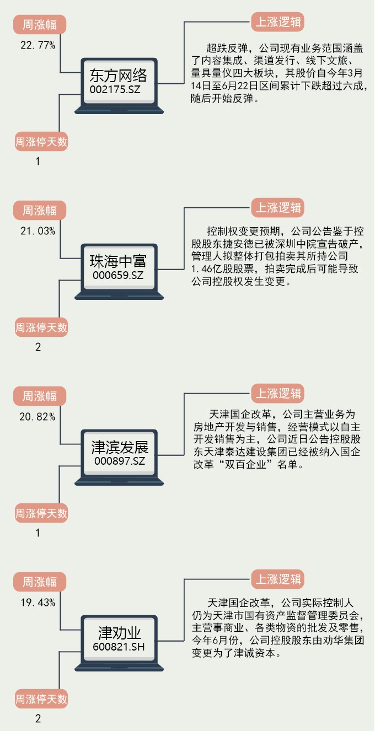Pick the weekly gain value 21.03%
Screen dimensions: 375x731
(x=38, y=231)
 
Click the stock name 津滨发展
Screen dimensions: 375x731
(x=120, y=447)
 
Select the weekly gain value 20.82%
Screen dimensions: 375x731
(x=38, y=417)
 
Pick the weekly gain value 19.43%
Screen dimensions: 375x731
(x=38, y=603)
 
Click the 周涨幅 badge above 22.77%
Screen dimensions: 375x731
(x=40, y=25)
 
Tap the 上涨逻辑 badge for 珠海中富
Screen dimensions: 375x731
(x=278, y=208)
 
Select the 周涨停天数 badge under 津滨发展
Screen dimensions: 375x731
(x=41, y=514)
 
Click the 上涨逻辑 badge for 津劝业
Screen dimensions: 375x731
(x=278, y=580)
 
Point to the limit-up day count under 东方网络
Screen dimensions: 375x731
(x=38, y=162)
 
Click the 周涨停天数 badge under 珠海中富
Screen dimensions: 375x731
(x=41, y=328)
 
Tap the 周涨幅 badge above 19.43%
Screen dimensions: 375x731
(x=40, y=582)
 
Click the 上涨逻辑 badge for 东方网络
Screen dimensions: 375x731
(x=278, y=23)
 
